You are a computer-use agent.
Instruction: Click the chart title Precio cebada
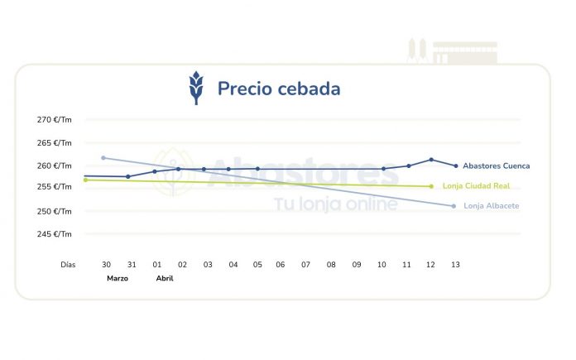pyautogui.click(x=278, y=89)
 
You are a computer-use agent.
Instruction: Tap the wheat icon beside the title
pyautogui.click(x=196, y=88)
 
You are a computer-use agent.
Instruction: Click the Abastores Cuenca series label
pyautogui.click(x=496, y=166)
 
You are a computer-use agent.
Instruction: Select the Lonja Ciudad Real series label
pyautogui.click(x=481, y=186)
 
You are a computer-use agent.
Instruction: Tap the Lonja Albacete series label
pyautogui.click(x=491, y=206)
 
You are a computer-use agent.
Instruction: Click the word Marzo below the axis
pyautogui.click(x=118, y=279)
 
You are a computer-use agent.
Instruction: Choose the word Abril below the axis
pyautogui.click(x=165, y=279)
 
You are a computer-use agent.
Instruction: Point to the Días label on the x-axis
pyautogui.click(x=68, y=265)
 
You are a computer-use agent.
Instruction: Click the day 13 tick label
pyautogui.click(x=454, y=265)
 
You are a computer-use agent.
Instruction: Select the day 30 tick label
pyautogui.click(x=106, y=265)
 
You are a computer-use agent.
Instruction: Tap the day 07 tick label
pyautogui.click(x=305, y=265)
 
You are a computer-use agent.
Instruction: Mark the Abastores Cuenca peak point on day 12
pyautogui.click(x=431, y=160)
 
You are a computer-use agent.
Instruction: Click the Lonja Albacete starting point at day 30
pyautogui.click(x=103, y=157)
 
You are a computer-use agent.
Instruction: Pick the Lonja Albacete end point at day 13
pyautogui.click(x=454, y=206)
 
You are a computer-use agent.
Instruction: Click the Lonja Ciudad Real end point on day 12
pyautogui.click(x=431, y=186)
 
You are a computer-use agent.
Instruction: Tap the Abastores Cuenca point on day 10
pyautogui.click(x=383, y=169)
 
